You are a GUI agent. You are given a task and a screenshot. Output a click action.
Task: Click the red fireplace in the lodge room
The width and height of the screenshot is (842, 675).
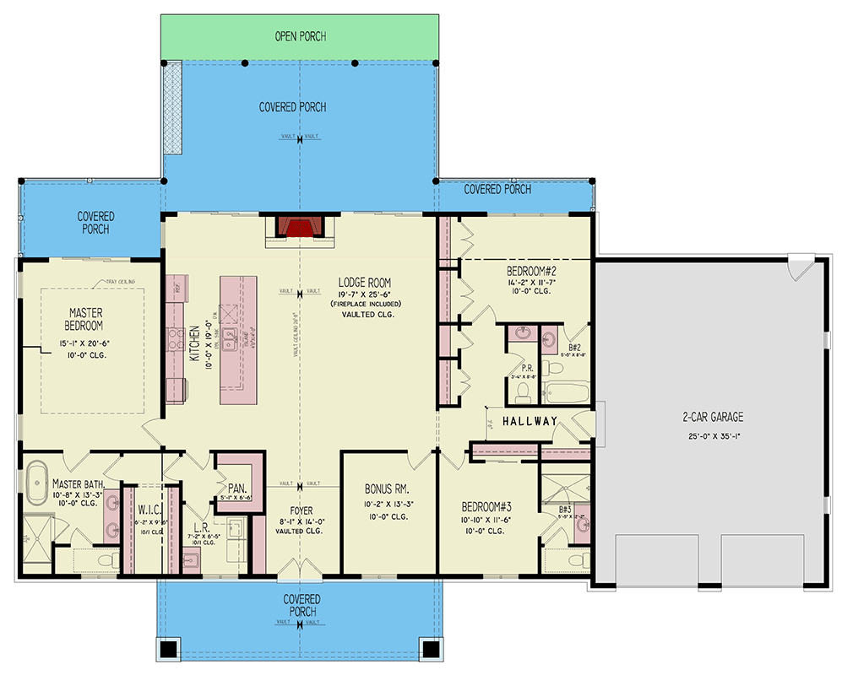tap(299, 229)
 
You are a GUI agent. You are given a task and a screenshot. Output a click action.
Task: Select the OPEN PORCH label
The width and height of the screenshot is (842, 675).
tap(300, 36)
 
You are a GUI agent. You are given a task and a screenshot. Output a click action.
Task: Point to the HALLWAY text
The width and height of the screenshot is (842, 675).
tap(530, 421)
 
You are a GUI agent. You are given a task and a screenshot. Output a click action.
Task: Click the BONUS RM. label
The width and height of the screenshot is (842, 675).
tap(387, 489)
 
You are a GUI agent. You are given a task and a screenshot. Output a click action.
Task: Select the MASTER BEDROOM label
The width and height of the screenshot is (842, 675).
tap(85, 319)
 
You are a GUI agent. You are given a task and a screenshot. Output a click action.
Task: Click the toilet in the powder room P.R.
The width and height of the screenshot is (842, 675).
tap(522, 391)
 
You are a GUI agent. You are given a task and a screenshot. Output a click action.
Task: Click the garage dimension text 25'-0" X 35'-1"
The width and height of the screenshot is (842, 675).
tap(713, 436)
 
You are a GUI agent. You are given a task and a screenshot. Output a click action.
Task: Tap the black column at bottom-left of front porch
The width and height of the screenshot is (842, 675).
tap(169, 650)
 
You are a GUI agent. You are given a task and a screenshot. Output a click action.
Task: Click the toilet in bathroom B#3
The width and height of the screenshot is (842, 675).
tap(576, 559)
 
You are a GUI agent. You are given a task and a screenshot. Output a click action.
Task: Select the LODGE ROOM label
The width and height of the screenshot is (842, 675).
tap(364, 282)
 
